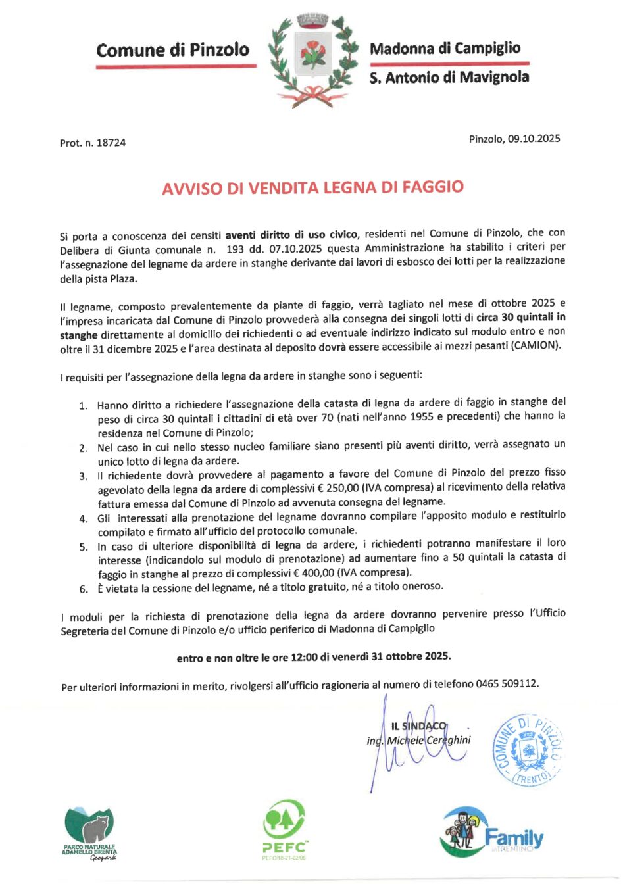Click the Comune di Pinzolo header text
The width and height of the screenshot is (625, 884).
[x=172, y=50]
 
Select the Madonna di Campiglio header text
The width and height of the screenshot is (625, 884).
[x=445, y=48]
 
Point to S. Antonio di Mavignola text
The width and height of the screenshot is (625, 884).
[x=449, y=78]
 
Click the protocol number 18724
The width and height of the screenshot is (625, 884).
[x=111, y=143]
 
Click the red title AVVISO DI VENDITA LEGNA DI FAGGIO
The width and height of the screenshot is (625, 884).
[x=312, y=187]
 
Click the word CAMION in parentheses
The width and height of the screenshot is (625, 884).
[x=534, y=346]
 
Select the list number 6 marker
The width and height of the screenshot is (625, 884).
[x=84, y=589]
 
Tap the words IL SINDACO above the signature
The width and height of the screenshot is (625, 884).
[x=418, y=726]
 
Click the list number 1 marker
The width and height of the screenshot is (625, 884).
[x=84, y=405]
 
